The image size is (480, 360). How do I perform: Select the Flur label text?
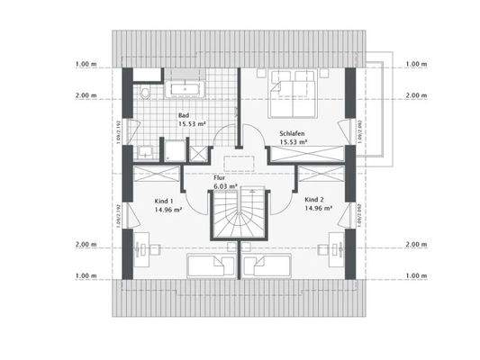pyautogui.click(x=218, y=178)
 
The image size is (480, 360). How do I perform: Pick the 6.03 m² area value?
pyautogui.click(x=226, y=186)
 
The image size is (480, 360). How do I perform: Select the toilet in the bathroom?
pyautogui.click(x=145, y=94)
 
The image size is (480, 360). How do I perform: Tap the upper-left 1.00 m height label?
pyautogui.click(x=86, y=64)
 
